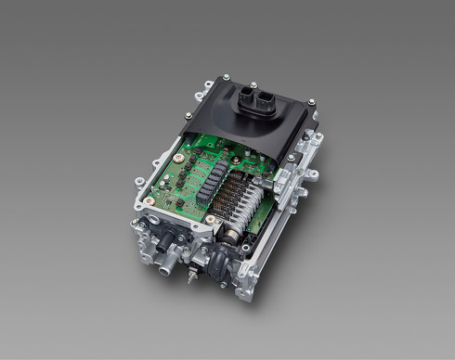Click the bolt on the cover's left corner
pos(191,118)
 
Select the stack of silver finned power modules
pos(244,199)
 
